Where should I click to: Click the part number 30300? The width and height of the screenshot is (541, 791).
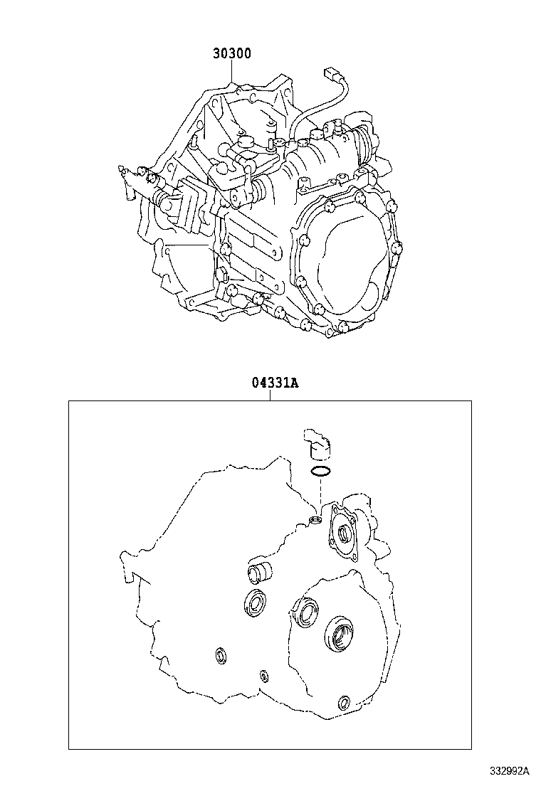(x=231, y=53)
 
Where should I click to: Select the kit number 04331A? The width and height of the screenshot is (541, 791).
(x=275, y=383)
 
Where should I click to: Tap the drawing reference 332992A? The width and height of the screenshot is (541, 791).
(x=508, y=771)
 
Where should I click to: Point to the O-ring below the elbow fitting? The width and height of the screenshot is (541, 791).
(x=320, y=472)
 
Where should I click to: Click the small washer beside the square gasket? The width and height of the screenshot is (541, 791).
(x=315, y=519)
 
